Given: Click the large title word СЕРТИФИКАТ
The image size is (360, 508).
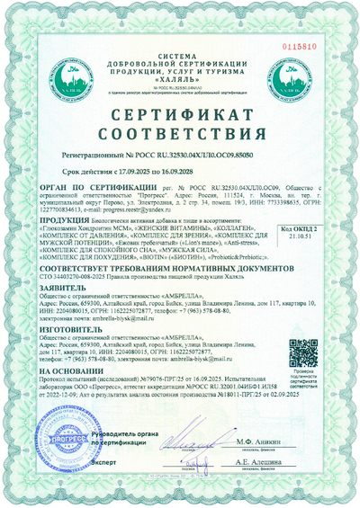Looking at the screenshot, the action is [180, 117].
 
